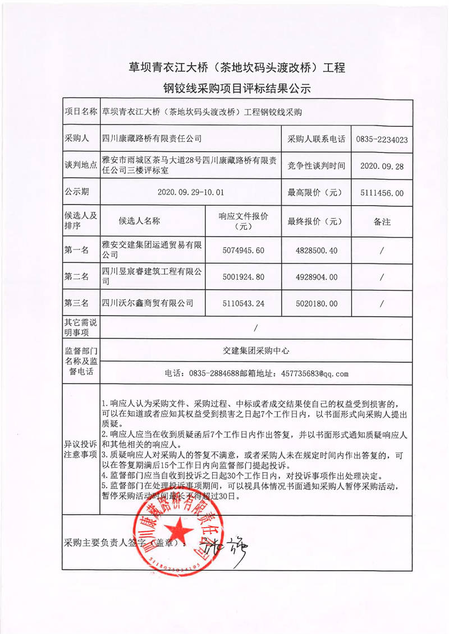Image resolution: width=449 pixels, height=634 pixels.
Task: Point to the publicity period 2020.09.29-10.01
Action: click(191, 192)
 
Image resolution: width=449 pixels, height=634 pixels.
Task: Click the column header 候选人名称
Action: click(140, 221)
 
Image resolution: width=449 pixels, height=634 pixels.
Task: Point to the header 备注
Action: click(382, 221)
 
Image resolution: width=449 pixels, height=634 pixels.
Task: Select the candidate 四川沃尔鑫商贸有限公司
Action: click(148, 303)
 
